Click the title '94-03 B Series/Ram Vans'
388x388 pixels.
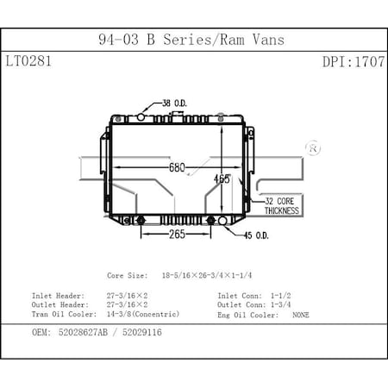[x=191, y=40]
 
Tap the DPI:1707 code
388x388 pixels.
[x=353, y=62]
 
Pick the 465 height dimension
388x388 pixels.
[x=222, y=178]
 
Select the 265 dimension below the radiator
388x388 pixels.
[x=178, y=234]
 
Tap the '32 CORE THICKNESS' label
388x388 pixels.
[x=281, y=204]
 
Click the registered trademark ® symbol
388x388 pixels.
[x=313, y=147]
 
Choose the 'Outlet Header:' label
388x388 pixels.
[x=61, y=305]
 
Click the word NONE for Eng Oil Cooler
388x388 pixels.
[x=300, y=315]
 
